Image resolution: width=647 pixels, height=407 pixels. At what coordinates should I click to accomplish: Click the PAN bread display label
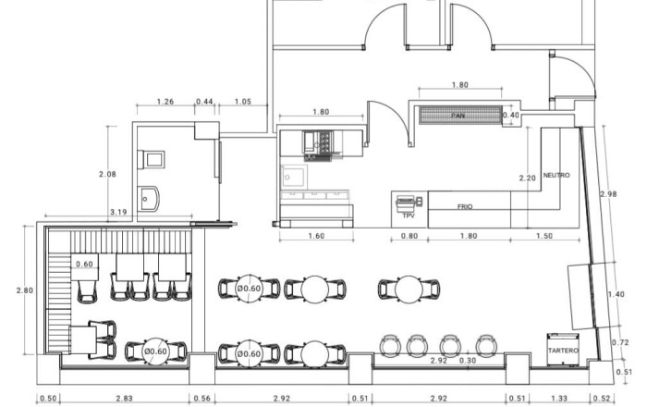(x=458, y=116)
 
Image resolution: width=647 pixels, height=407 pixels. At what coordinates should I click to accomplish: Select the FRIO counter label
(x=465, y=206)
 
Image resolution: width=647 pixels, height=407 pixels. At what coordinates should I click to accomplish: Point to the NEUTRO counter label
(x=556, y=175)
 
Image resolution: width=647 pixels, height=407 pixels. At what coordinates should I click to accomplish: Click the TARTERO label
(x=563, y=351)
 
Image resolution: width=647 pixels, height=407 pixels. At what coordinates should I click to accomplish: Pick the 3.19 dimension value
(x=118, y=212)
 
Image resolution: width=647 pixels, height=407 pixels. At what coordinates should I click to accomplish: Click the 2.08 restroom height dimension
(x=107, y=174)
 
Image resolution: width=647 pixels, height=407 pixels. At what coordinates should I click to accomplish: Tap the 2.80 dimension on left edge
(x=25, y=290)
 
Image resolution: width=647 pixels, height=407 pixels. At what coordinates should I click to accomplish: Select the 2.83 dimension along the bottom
(x=124, y=399)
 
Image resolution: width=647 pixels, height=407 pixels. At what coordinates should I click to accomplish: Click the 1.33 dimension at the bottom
(x=559, y=399)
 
